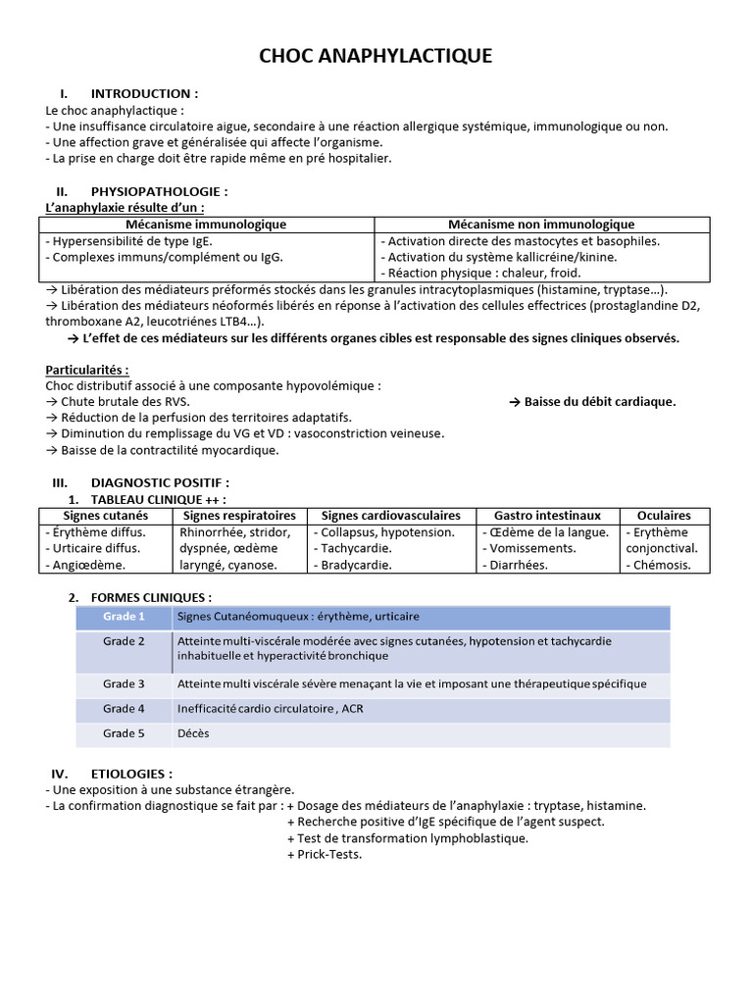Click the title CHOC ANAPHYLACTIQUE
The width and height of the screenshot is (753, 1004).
tap(376, 56)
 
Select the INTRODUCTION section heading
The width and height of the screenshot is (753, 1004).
tap(143, 94)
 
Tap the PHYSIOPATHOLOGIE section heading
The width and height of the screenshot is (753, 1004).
tap(159, 191)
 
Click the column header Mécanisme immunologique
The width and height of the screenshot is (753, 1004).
tap(206, 225)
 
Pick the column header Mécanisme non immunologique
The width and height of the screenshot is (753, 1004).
tap(540, 225)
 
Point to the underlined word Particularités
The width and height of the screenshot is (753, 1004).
tap(87, 370)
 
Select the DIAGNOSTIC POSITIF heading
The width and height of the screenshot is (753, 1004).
tap(160, 482)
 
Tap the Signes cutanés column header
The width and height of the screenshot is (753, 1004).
tap(106, 515)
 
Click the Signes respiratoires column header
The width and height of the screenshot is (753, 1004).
tap(239, 515)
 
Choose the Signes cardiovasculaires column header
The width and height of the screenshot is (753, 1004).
tap(391, 515)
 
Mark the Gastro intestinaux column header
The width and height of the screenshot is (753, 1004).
tap(547, 515)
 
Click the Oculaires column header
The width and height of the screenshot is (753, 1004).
tap(664, 515)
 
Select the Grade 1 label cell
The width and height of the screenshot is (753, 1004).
tap(124, 617)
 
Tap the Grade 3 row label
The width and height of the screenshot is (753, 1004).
tap(124, 683)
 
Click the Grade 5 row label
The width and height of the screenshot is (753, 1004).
tap(124, 733)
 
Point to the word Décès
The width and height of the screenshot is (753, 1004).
tap(193, 733)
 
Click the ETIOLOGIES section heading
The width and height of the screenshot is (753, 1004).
tap(130, 774)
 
